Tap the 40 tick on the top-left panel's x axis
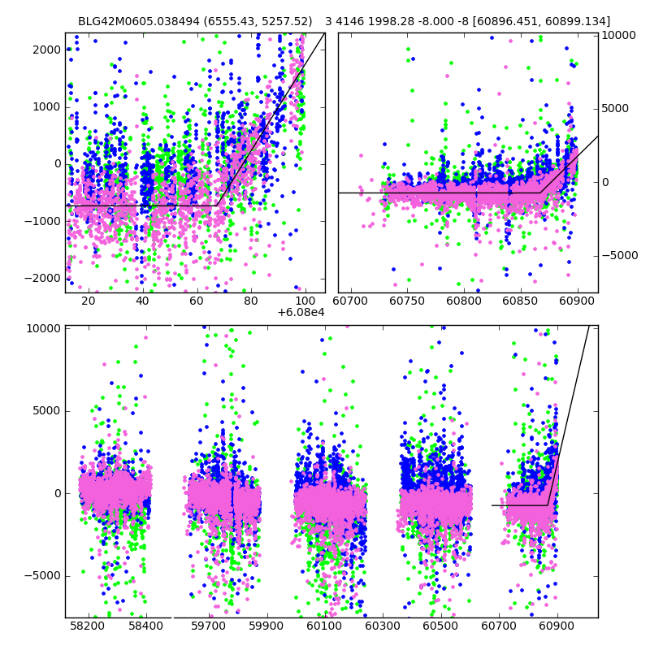coord(142,301)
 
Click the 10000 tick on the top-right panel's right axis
coord(619,35)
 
